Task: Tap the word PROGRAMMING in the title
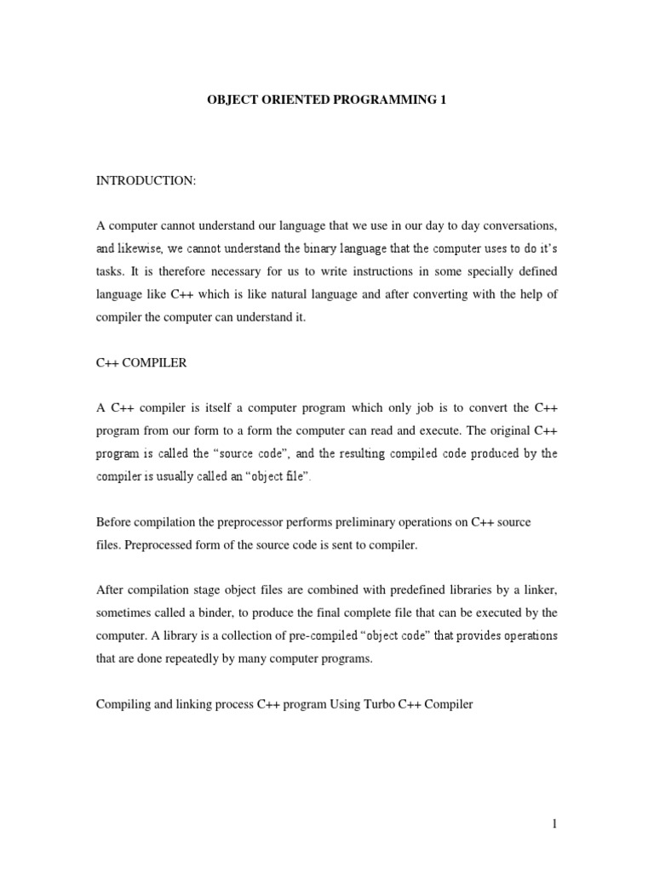coord(385,100)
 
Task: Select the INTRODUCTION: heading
coord(146,180)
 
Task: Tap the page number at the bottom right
coord(553,825)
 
